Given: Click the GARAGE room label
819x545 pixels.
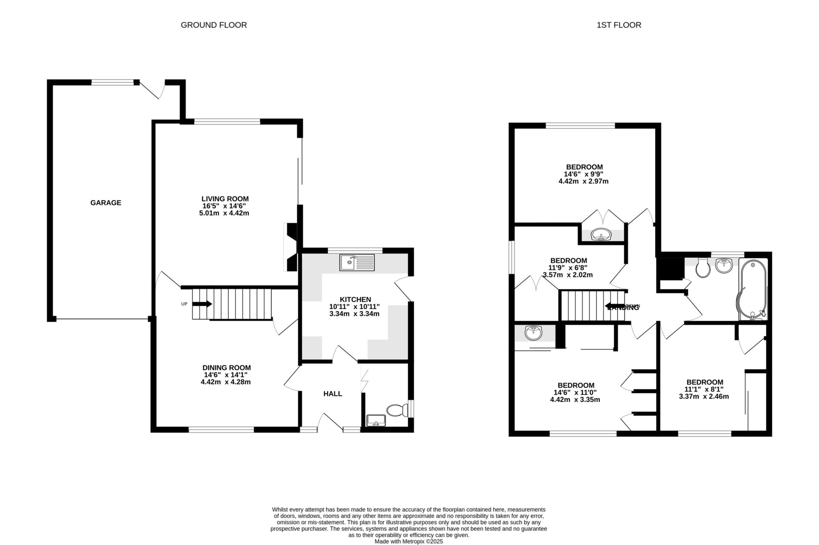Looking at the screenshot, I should (106, 203).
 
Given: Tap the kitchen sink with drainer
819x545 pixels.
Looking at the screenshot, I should (357, 262).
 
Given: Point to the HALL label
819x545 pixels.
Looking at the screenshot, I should (332, 394).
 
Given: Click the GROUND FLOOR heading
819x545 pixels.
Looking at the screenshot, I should (214, 25).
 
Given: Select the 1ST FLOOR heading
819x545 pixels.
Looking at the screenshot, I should (619, 25).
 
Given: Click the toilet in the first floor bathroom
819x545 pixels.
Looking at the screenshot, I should (702, 267).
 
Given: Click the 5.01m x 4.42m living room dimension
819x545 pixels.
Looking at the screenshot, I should (224, 213).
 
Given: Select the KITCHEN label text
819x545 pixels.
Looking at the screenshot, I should (355, 299).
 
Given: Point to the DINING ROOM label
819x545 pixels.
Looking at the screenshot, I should (227, 368).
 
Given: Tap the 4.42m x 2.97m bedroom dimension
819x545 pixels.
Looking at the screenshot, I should (583, 181).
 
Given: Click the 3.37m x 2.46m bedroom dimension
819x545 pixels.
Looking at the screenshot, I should (704, 396).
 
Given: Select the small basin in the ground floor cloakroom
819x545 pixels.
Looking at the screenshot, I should (376, 420).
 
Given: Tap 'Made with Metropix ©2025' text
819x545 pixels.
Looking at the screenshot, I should (409, 541).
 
